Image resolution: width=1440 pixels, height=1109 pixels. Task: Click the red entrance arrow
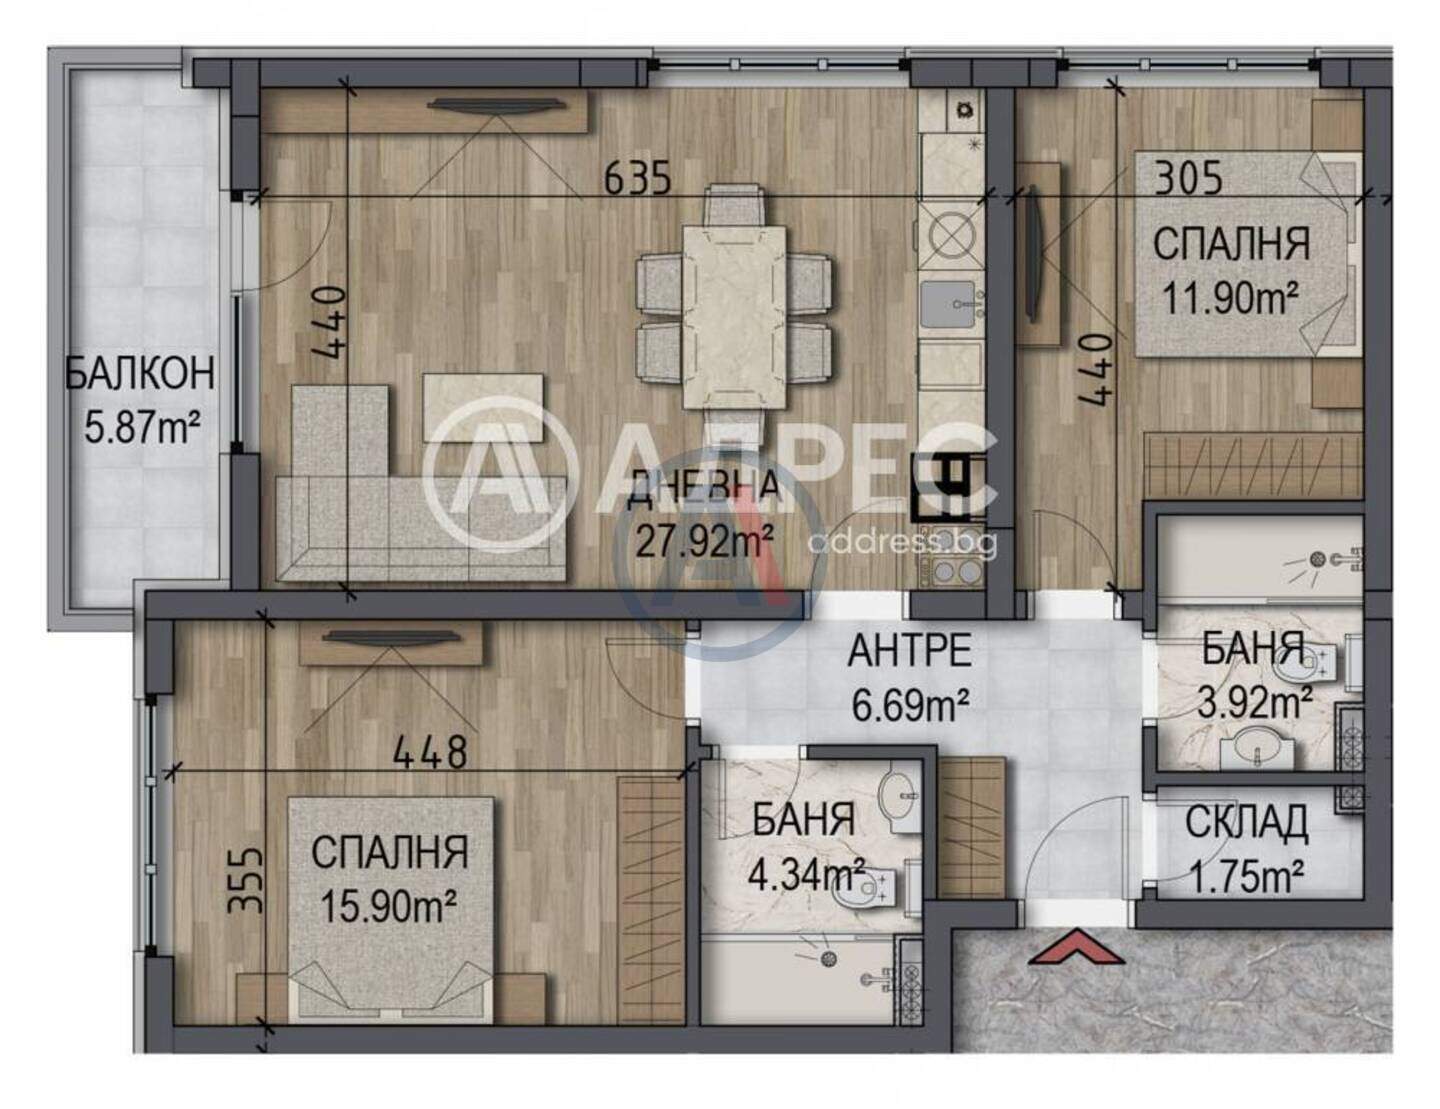click(1078, 947)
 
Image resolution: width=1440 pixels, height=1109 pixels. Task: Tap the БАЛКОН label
click(140, 373)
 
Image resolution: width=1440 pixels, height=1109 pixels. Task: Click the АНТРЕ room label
click(910, 650)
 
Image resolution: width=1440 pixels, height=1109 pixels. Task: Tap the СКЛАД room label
click(1246, 823)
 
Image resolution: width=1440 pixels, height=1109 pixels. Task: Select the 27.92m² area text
click(704, 541)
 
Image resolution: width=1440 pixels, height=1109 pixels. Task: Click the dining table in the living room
click(734, 316)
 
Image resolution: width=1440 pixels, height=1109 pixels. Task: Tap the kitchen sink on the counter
click(948, 303)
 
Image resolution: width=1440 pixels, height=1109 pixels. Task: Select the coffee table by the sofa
click(482, 407)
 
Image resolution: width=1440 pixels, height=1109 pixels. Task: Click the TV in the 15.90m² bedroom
click(392, 637)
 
